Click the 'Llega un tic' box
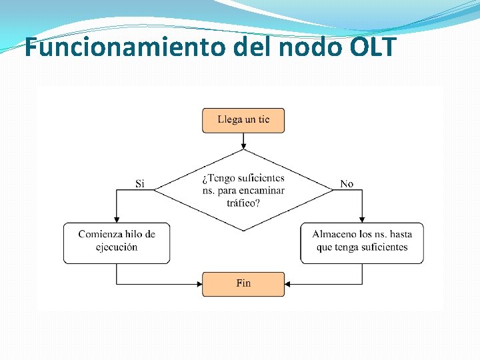click(x=243, y=120)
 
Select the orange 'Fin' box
click(x=243, y=283)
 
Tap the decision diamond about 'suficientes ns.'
click(x=243, y=190)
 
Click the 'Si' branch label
click(x=140, y=183)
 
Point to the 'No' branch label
click(x=347, y=183)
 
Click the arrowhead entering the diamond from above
click(x=243, y=146)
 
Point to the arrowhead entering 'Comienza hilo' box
click(x=117, y=219)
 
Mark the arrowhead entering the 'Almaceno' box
click(x=361, y=219)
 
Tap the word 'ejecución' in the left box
click(x=117, y=247)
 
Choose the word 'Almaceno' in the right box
click(x=334, y=234)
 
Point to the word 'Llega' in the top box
click(x=229, y=120)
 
